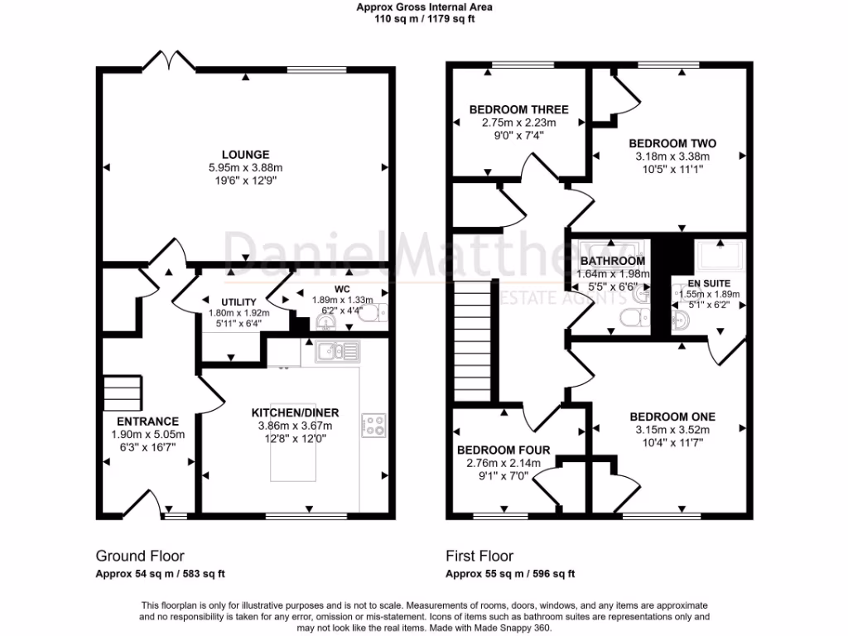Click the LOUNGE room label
click(245, 155)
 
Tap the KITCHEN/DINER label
click(296, 413)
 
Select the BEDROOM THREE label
click(518, 110)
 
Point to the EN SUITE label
click(709, 283)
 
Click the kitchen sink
click(338, 351)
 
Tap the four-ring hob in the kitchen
click(373, 425)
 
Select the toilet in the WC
click(373, 312)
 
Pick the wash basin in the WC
click(325, 323)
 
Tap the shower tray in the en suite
click(720, 255)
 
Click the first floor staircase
click(473, 340)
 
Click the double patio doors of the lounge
click(169, 60)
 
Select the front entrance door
click(142, 503)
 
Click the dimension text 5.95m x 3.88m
click(245, 167)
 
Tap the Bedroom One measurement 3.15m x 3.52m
click(672, 430)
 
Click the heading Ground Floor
click(140, 556)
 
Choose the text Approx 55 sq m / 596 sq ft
click(510, 574)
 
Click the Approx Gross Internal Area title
click(425, 7)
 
